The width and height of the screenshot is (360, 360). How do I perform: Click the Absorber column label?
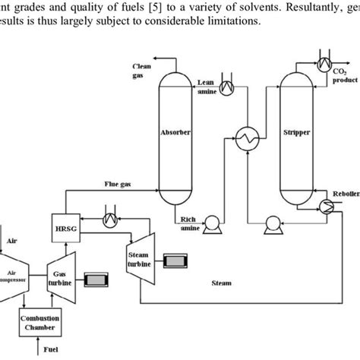(x=175, y=132)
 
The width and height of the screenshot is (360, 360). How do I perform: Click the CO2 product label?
(x=339, y=75)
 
